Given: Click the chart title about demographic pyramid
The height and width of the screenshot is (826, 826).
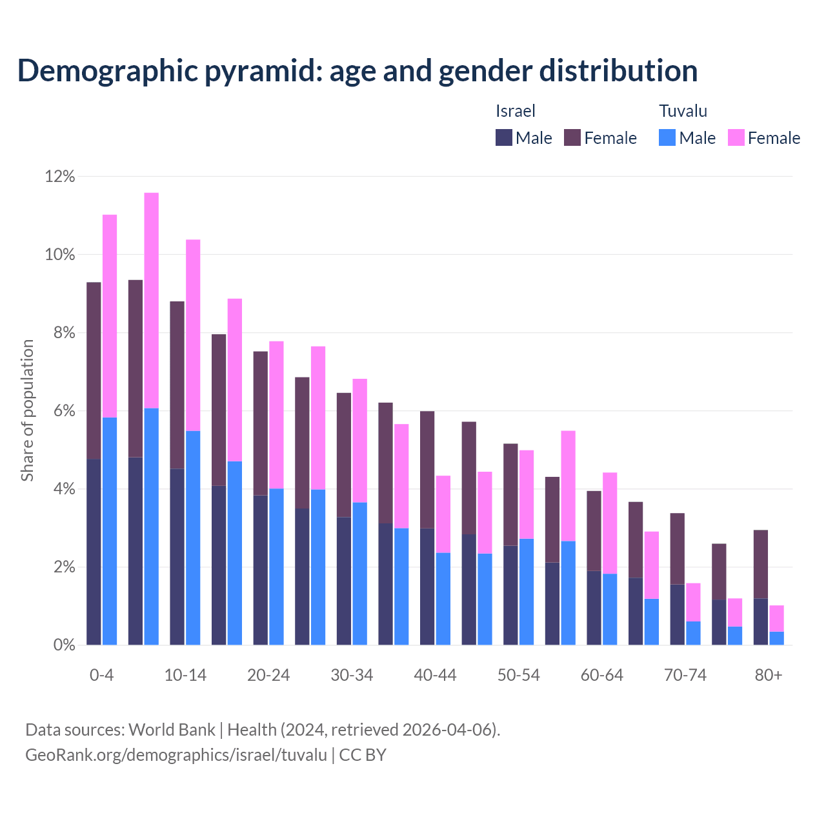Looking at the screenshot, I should coord(358,71).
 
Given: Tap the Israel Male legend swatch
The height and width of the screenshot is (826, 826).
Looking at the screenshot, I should coord(504,138).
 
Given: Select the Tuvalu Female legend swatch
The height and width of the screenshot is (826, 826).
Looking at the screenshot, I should coord(736,138).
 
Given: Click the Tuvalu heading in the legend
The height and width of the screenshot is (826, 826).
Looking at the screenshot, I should coord(683,111).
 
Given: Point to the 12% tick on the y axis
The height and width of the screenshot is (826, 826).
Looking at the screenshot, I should coord(60,177).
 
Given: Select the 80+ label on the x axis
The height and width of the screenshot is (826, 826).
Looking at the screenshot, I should coord(769,676).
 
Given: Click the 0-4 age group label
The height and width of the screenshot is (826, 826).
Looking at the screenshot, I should coord(102,676).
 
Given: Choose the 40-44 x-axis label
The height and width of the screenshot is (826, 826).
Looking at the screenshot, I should coord(435,676).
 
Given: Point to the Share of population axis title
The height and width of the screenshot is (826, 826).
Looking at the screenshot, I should coord(27,411).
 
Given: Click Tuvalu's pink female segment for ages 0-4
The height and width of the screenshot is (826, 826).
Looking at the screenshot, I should coord(110,316).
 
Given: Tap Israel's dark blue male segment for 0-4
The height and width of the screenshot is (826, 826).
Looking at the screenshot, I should coord(94,552).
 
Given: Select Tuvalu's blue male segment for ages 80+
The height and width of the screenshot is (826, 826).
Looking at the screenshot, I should coord(776,638).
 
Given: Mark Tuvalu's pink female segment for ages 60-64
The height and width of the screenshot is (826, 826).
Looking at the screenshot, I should coord(610,523).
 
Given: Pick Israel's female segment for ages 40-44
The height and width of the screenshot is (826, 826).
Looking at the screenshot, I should coord(427,469).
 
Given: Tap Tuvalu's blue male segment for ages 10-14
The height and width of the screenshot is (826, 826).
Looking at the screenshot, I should coord(193,538).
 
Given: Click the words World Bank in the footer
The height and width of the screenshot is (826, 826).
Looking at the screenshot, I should coord(172,730).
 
